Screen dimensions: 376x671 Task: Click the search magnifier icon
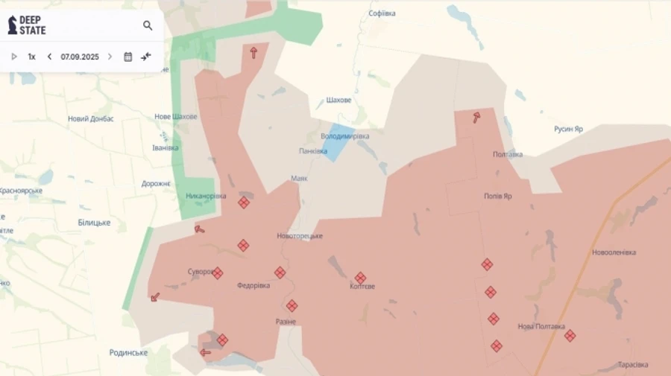(148, 25)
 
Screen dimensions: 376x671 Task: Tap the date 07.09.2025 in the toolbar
(80, 57)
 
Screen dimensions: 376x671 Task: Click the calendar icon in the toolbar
(127, 57)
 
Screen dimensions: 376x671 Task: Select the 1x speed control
(32, 57)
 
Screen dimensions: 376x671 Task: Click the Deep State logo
(27, 25)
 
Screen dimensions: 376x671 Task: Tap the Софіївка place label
(382, 13)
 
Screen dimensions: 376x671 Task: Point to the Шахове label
(338, 101)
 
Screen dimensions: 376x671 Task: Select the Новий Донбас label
(91, 118)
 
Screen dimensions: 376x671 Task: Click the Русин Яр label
(568, 129)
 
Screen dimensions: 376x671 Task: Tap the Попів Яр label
(498, 197)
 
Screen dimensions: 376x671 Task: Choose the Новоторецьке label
(300, 236)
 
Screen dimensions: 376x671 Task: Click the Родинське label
(128, 353)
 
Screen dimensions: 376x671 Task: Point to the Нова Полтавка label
(541, 326)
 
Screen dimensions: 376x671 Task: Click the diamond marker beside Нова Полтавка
(570, 336)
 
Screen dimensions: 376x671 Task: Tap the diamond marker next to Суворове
(217, 273)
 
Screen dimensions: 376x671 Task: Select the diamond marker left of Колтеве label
(360, 278)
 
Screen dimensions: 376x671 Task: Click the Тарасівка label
(633, 365)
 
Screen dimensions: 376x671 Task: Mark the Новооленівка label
(614, 252)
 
